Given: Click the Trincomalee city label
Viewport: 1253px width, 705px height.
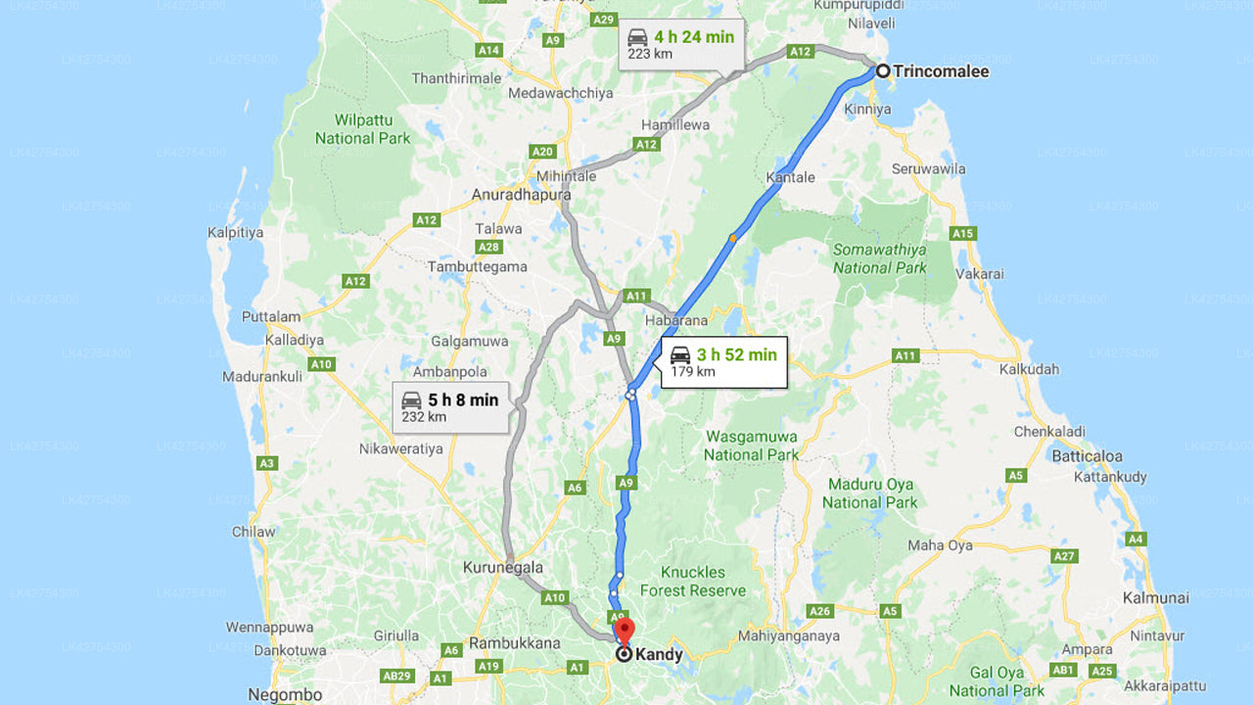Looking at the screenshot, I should pos(941,71).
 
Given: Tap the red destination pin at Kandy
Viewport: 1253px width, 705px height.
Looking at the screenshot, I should pos(625,630).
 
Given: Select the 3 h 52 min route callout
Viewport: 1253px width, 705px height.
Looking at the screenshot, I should pos(723,362).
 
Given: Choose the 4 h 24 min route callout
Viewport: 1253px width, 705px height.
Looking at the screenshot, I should pos(680,45).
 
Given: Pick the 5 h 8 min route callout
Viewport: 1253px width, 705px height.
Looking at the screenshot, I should pos(450,407).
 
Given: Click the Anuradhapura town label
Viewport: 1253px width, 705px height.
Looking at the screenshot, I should pos(521,195).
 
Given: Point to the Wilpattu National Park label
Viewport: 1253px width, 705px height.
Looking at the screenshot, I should pos(362,129).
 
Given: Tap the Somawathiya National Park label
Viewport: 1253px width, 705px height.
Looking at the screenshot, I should pos(879,258).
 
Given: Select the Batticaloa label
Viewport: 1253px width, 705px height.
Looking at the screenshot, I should pos(1087,456).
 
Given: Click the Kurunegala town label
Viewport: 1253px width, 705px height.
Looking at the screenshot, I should pos(502,568).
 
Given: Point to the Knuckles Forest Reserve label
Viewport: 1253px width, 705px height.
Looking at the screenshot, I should pos(693,582).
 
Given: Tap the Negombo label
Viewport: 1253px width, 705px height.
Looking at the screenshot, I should pos(285,695).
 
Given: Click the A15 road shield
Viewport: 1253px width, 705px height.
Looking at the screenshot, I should pos(963,233).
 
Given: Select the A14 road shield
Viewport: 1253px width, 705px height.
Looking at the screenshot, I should pos(487,50).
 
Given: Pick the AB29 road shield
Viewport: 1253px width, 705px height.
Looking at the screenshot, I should pos(395,677).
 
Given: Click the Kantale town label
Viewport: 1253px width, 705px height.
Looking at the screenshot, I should pos(792,178).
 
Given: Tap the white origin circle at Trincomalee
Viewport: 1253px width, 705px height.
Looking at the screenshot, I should pos(883,70).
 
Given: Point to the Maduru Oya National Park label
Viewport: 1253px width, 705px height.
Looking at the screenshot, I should pos(869,493).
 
